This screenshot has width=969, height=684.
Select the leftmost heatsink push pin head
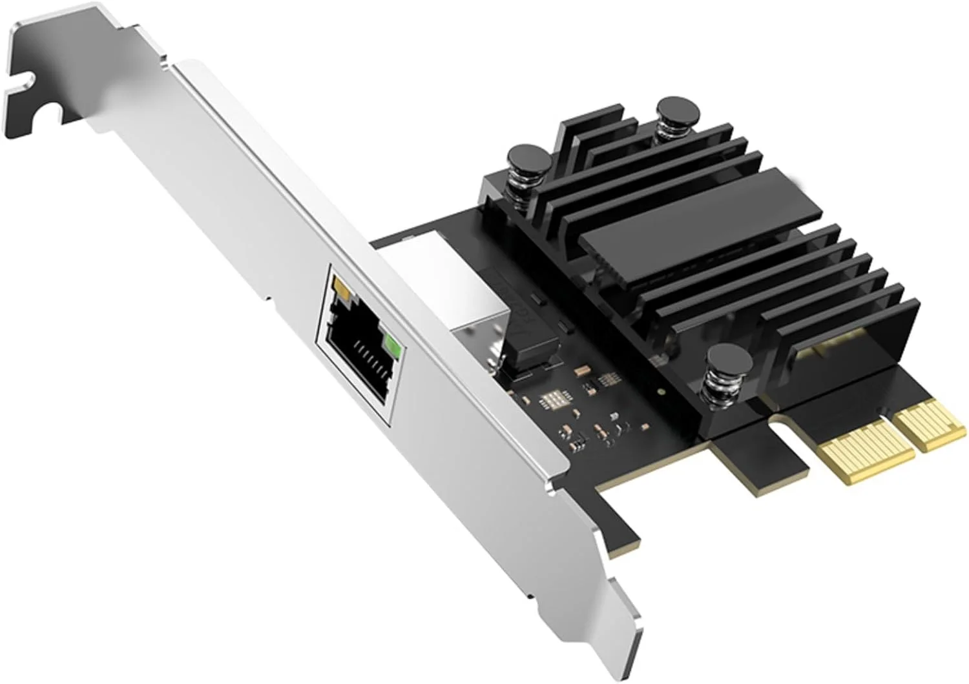tap(528, 156)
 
